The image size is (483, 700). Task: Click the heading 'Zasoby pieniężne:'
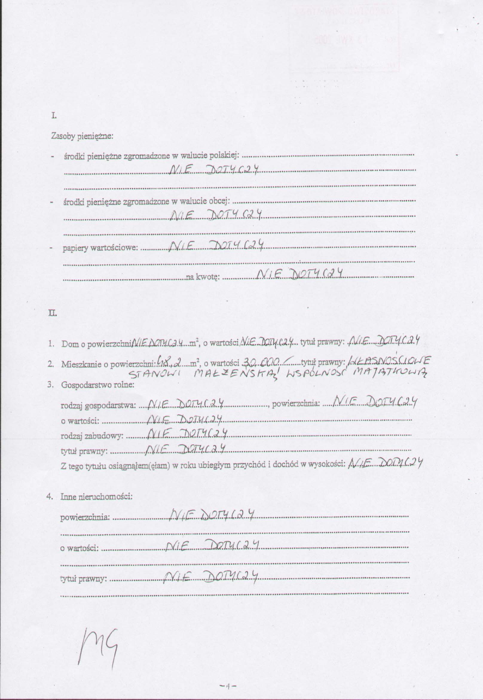tap(82, 136)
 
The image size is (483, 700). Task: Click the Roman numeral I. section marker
tap(54, 116)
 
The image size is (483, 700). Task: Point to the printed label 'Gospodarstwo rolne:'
tap(97, 385)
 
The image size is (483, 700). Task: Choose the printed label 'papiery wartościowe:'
tap(100, 248)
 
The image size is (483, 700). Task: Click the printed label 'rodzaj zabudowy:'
tap(92, 436)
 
